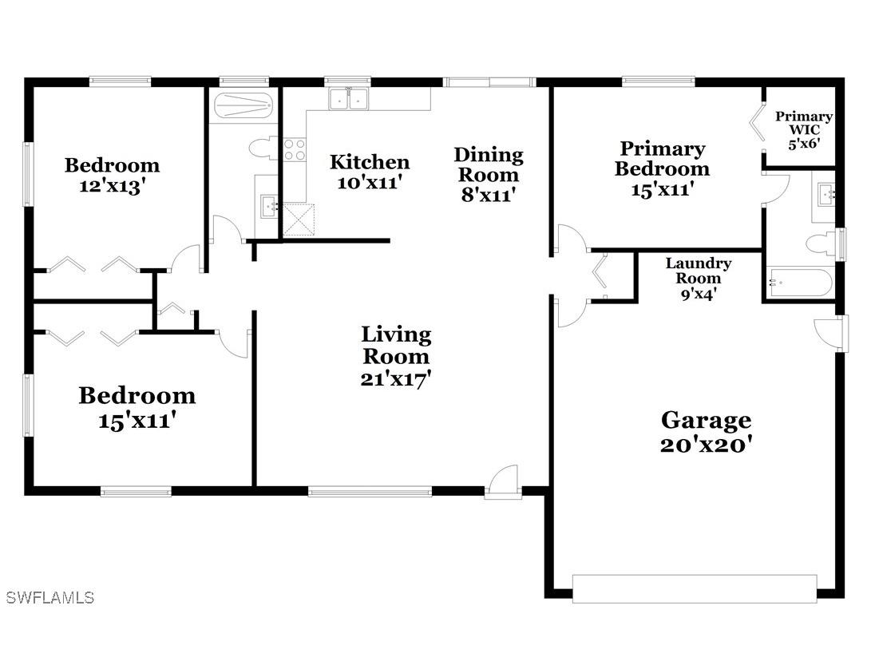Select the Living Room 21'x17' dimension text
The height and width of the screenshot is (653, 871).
tap(396, 379)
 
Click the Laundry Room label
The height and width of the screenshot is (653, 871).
tap(699, 278)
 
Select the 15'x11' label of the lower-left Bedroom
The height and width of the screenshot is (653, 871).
tap(137, 420)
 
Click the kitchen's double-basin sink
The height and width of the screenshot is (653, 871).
tap(349, 99)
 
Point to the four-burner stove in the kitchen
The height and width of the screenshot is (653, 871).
tap(295, 149)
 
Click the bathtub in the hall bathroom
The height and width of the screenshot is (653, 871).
tap(243, 106)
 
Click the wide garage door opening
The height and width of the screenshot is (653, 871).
tap(695, 589)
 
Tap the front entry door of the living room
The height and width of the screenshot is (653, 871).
tap(505, 482)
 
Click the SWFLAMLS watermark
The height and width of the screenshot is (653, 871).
tap(49, 597)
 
